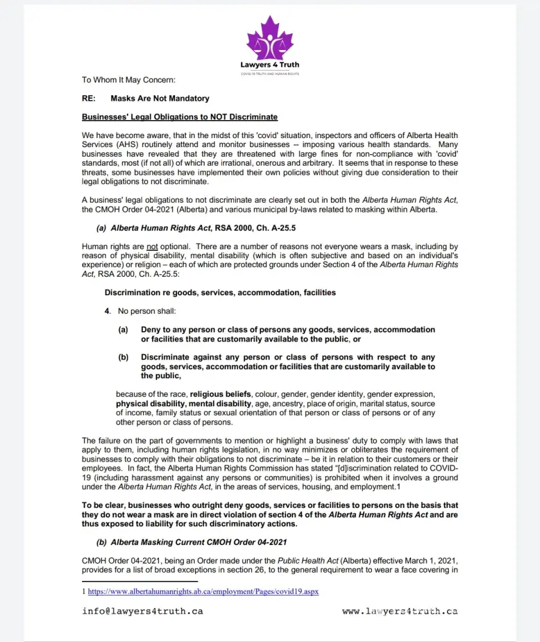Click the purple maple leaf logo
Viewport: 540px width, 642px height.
269,40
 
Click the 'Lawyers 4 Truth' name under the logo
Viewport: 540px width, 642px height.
269,65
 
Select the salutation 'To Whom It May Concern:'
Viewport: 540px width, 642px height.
128,80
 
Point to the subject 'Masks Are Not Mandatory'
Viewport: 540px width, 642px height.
160,98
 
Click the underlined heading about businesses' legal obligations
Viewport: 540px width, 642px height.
180,117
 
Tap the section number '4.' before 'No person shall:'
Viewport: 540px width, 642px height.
108,311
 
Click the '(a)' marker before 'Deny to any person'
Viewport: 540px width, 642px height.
123,329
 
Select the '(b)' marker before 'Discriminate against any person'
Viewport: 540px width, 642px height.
123,357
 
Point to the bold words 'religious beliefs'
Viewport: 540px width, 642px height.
221,394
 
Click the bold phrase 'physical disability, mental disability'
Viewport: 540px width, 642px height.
183,403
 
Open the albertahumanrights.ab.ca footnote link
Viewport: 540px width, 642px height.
203,591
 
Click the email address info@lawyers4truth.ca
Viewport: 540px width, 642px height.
142,611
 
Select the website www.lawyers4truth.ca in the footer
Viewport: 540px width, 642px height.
400,611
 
